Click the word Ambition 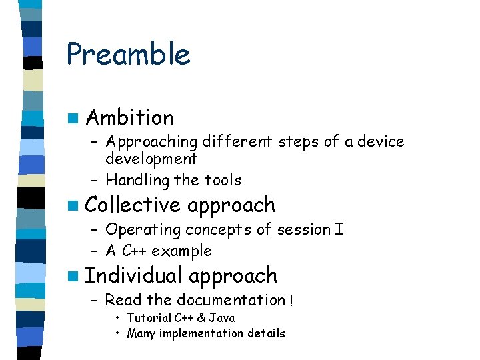[x=130, y=118]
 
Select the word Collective [x=133, y=205]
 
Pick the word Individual [x=134, y=275]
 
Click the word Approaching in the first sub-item [x=151, y=142]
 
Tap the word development [x=151, y=159]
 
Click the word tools [x=223, y=180]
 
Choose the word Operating [x=143, y=230]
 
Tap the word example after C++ [x=181, y=251]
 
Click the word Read [x=121, y=301]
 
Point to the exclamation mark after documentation [x=291, y=301]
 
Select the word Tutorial [x=149, y=318]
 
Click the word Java [x=222, y=318]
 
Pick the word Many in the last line [x=140, y=333]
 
